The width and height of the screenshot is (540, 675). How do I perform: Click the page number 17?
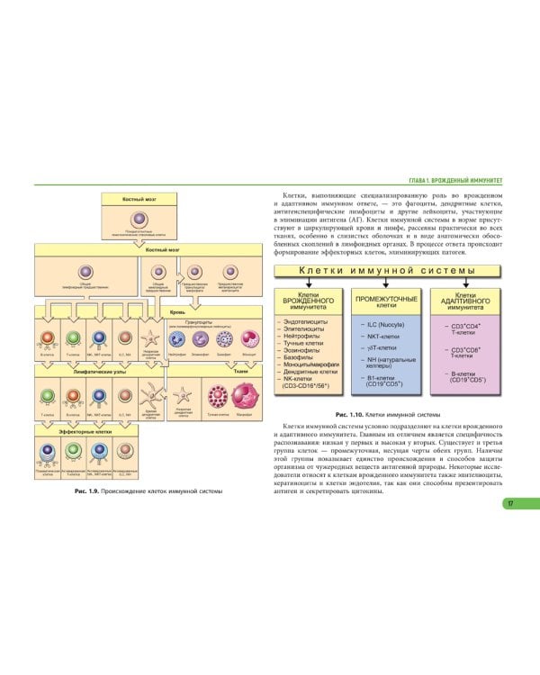510,503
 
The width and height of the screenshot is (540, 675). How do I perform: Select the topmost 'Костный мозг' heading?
139,197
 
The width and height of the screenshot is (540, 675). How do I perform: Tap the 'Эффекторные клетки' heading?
79,431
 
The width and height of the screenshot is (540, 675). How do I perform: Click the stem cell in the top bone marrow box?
139,219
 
